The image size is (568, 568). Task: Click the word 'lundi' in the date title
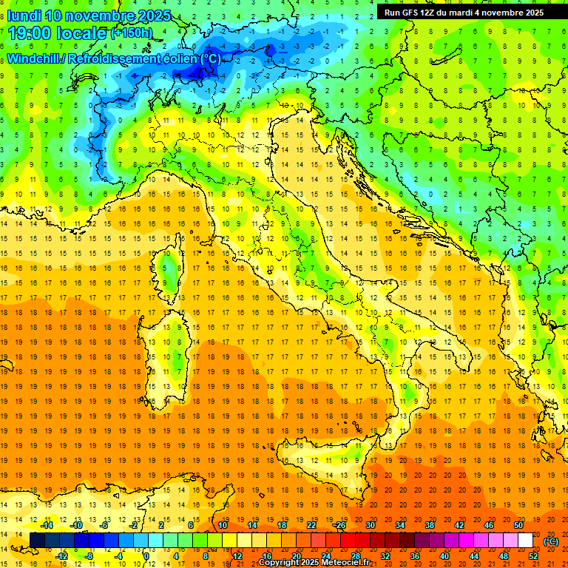[24, 16]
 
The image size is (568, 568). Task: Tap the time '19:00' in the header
[32, 33]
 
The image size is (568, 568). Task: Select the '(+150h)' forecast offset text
[131, 33]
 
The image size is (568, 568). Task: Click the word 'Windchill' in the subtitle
[35, 58]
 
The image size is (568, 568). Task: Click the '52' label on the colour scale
[533, 556]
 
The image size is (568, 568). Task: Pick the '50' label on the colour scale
[518, 525]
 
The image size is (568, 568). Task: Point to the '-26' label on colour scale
[339, 525]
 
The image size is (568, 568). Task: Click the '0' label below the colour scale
[146, 556]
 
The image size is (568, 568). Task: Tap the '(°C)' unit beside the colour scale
[551, 541]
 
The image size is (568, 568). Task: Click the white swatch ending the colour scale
[525, 541]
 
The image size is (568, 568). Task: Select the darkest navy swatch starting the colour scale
[37, 541]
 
